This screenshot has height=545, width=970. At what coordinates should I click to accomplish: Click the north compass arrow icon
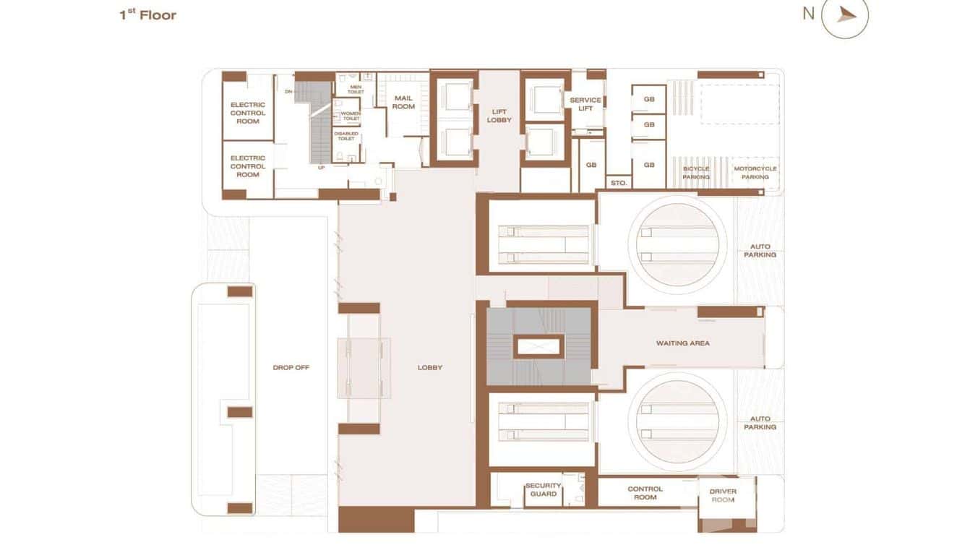[846, 14]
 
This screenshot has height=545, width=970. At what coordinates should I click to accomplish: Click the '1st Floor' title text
[147, 14]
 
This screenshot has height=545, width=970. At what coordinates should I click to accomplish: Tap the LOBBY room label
[430, 367]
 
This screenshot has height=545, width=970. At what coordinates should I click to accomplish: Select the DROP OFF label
[291, 367]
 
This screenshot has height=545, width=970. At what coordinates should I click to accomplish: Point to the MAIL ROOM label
[403, 102]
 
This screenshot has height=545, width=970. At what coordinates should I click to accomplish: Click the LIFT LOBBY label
[499, 116]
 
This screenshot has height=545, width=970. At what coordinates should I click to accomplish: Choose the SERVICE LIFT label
[585, 104]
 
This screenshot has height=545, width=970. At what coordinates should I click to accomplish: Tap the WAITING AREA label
[682, 343]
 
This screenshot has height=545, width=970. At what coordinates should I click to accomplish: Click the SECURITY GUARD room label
[543, 489]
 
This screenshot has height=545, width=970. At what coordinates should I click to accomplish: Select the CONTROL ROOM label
[645, 493]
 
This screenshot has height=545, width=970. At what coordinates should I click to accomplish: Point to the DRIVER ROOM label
[723, 495]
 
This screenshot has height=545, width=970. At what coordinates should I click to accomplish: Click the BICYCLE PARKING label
[696, 173]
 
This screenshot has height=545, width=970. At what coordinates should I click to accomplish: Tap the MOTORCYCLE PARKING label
[755, 173]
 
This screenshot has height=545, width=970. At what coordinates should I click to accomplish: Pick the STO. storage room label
[618, 183]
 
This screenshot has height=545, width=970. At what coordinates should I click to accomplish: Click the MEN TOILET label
[356, 90]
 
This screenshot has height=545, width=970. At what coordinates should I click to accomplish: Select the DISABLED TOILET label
[346, 136]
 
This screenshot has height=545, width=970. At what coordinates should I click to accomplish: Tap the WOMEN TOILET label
[351, 116]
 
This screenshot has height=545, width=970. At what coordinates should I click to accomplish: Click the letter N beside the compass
[808, 13]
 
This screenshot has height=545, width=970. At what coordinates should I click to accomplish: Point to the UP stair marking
[322, 167]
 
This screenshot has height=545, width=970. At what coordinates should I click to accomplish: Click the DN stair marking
[288, 92]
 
